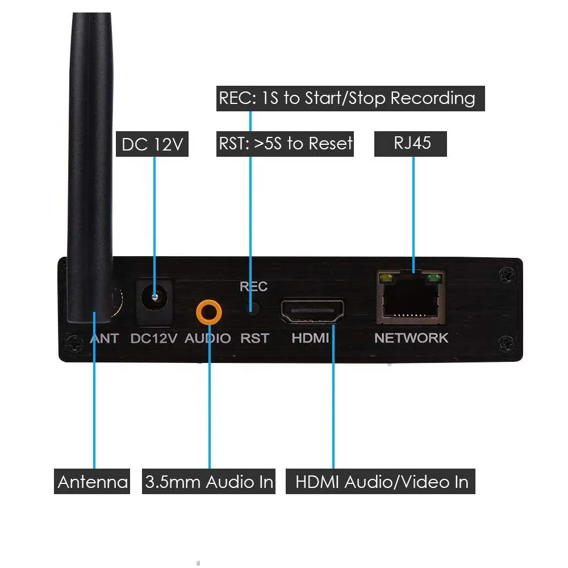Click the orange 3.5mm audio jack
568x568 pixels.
pyautogui.click(x=209, y=311)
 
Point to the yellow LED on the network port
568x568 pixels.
pyautogui.click(x=387, y=279)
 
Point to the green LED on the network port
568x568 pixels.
pyautogui.click(x=435, y=278)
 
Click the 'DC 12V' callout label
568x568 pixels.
pyautogui.click(x=152, y=144)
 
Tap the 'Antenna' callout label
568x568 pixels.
pyautogui.click(x=93, y=482)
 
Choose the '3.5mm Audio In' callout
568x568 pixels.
pyautogui.click(x=208, y=482)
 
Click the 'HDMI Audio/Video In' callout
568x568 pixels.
pyautogui.click(x=381, y=482)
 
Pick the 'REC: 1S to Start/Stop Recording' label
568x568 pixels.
pyautogui.click(x=346, y=98)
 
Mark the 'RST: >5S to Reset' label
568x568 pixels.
pyautogui.click(x=286, y=143)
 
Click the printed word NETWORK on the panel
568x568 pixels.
pyautogui.click(x=411, y=338)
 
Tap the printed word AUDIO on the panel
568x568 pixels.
pyautogui.click(x=208, y=339)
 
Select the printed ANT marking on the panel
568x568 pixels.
pyautogui.click(x=105, y=339)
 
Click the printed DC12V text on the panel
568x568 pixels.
pyautogui.click(x=154, y=339)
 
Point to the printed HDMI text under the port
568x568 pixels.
pyautogui.click(x=310, y=339)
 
